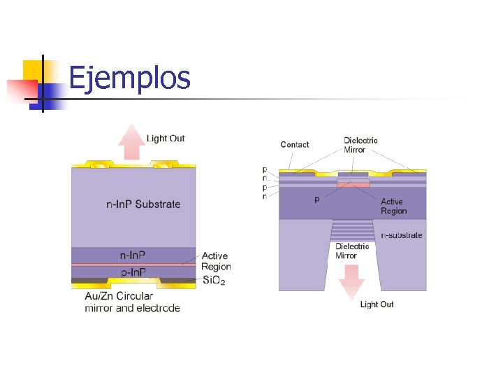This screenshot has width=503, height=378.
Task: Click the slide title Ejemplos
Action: click(x=130, y=78)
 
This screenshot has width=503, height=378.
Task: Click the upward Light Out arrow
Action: click(x=131, y=142)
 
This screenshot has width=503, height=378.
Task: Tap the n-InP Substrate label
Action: click(x=143, y=204)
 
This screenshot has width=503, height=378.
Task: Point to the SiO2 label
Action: click(x=213, y=281)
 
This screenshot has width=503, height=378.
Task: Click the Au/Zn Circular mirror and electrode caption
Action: click(x=132, y=302)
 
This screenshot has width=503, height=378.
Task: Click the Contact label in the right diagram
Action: click(x=294, y=145)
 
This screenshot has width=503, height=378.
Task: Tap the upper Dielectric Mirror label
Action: click(x=360, y=145)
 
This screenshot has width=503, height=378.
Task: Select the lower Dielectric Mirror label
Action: click(x=352, y=251)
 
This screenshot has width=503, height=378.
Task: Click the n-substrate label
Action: click(x=402, y=235)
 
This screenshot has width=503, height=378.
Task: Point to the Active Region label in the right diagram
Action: click(x=393, y=206)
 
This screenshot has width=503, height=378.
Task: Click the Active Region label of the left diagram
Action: click(x=215, y=261)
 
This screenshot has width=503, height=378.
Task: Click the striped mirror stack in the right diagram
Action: click(x=352, y=230)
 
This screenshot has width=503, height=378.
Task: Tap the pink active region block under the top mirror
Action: click(x=353, y=183)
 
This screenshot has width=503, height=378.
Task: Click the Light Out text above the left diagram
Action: click(x=166, y=139)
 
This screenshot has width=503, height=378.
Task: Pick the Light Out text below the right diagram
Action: click(x=377, y=304)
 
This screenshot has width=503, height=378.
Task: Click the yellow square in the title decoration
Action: click(x=34, y=71)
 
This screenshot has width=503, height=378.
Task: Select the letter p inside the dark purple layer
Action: click(x=317, y=199)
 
